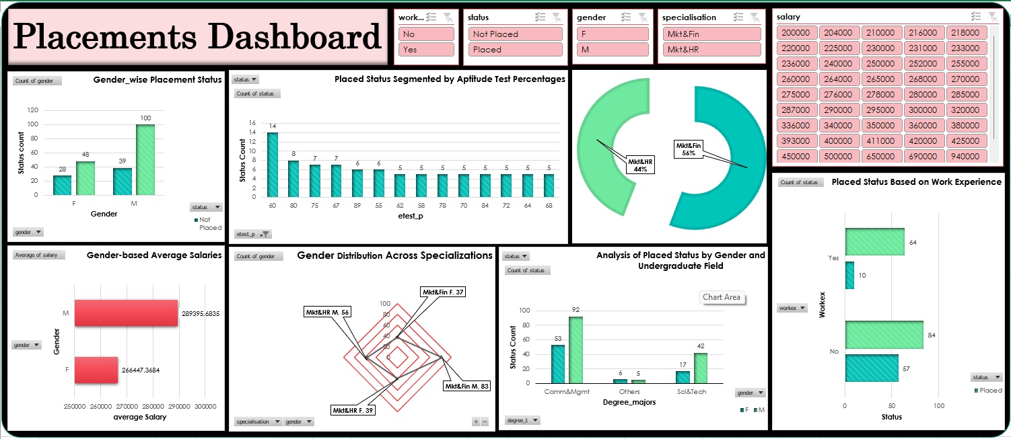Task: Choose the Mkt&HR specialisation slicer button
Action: point(709,50)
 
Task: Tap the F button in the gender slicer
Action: point(612,34)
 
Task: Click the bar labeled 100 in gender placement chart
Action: point(145,160)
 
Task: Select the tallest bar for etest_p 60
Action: point(273,164)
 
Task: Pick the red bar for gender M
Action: point(126,313)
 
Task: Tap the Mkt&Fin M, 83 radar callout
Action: point(466,386)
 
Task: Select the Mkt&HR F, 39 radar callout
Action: point(353,409)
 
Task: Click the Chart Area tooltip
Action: point(721,297)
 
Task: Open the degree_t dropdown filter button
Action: point(522,420)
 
